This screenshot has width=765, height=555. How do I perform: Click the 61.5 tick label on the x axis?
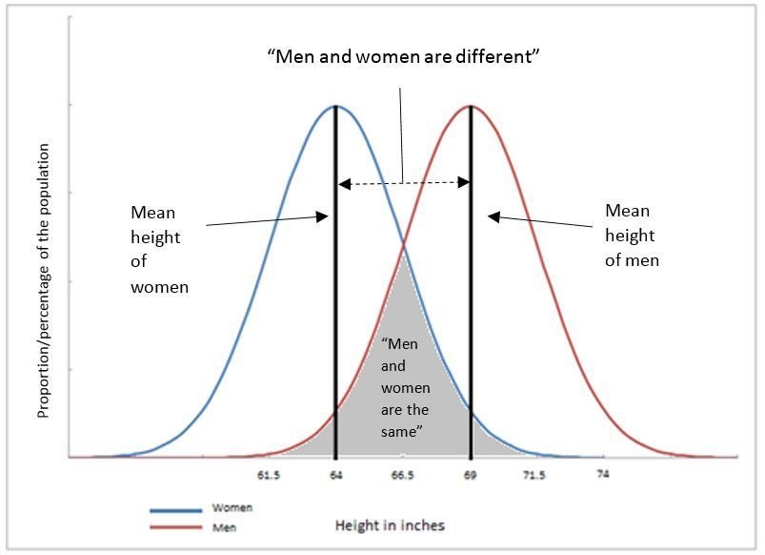(269, 475)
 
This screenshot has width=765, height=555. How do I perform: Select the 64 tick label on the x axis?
(335, 475)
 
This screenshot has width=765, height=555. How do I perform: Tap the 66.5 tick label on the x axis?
(402, 475)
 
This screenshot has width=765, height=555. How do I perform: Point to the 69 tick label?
(470, 475)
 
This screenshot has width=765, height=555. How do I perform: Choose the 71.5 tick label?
(534, 475)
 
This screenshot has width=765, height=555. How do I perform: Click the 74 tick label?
(603, 474)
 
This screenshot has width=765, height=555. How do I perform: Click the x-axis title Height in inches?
(390, 525)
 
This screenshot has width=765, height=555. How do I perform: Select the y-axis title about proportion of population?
(44, 280)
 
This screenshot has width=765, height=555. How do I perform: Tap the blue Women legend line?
(175, 510)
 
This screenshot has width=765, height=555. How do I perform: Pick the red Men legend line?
(175, 527)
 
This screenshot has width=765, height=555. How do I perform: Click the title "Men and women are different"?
(404, 56)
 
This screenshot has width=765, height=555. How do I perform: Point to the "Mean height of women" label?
(159, 249)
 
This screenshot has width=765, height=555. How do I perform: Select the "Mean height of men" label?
(632, 235)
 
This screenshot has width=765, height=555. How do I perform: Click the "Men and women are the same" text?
(405, 387)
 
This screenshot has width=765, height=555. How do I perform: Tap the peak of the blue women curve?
(336, 106)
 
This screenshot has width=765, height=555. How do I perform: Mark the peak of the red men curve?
(471, 106)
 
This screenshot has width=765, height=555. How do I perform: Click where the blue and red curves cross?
(404, 247)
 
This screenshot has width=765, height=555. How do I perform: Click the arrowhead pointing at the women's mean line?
(322, 216)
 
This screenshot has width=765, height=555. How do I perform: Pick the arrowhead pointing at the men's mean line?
(493, 216)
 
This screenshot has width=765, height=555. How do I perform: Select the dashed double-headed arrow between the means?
(404, 184)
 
